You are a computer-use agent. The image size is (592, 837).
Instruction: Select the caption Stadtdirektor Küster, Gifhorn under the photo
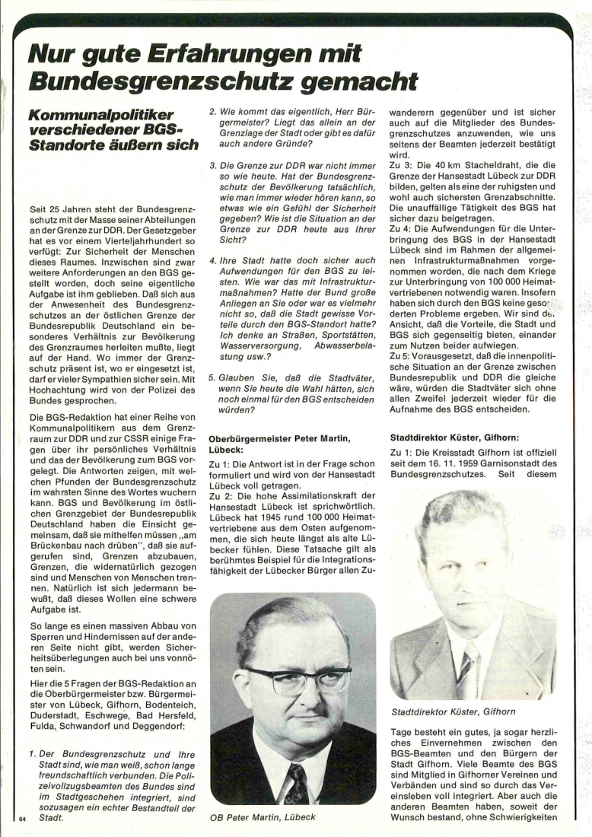click(x=453, y=712)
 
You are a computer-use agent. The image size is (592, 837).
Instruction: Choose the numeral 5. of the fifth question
click(x=212, y=378)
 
